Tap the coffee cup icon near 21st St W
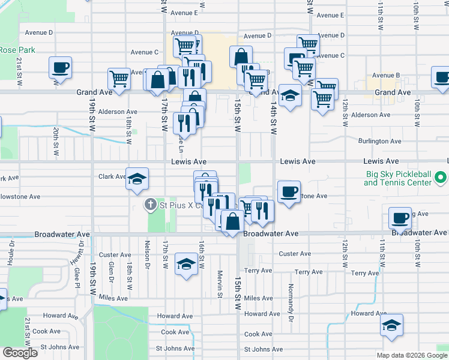60,68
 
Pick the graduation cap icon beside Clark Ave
137,178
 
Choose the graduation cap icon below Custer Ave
186,263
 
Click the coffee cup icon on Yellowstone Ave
289,192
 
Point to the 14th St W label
273,117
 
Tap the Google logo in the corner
20,352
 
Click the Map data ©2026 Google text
411,355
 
